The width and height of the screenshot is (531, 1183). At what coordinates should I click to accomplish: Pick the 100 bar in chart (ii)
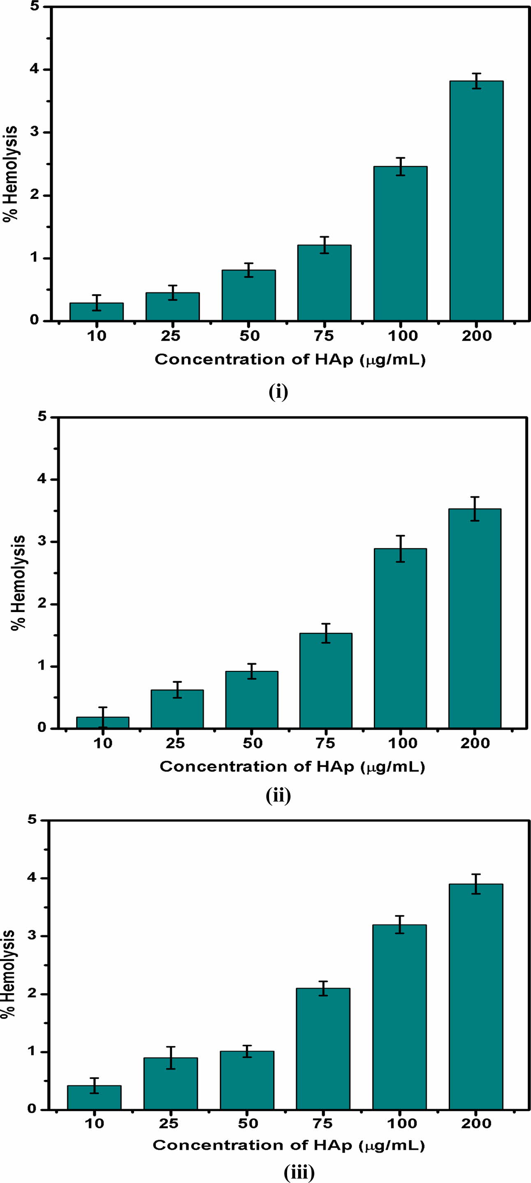[x=400, y=638]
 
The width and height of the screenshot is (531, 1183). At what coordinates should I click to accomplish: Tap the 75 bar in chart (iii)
[x=323, y=1049]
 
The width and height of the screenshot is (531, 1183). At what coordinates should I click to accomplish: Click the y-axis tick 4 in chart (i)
[x=35, y=70]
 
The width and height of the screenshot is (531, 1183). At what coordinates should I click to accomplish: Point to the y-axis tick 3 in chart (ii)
[x=42, y=542]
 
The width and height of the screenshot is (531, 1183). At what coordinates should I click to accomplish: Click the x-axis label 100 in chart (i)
[x=402, y=336]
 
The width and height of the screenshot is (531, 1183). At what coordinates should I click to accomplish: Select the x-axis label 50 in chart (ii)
[x=252, y=743]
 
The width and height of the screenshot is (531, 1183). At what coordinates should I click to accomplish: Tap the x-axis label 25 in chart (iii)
[x=169, y=1123]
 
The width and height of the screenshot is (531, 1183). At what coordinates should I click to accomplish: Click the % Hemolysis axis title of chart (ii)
[x=19, y=583]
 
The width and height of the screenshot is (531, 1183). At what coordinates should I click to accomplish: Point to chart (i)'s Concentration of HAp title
[x=290, y=360]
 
